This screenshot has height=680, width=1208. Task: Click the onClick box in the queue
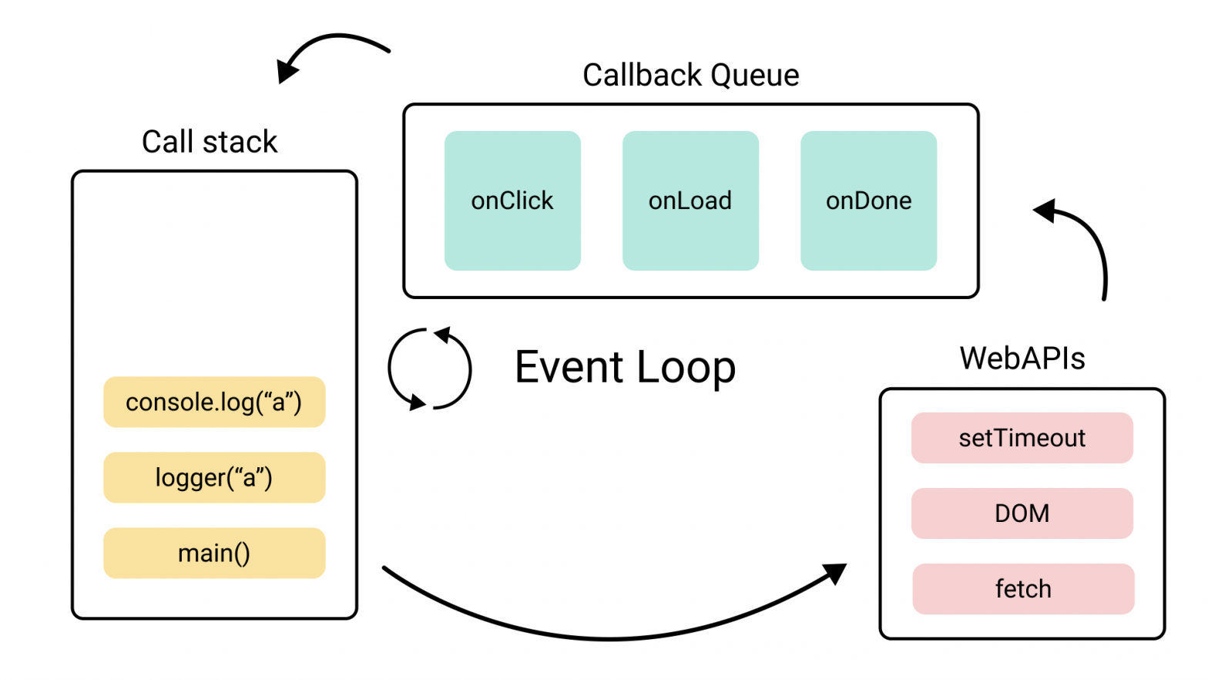(x=512, y=200)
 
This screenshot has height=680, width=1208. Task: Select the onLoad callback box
(x=690, y=200)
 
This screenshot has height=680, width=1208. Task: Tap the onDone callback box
(x=868, y=200)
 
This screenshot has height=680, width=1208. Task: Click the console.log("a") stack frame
(x=214, y=402)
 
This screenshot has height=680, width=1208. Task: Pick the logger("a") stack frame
(x=214, y=477)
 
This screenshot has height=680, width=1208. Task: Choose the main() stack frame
(x=214, y=553)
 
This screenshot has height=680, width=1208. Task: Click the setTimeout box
(x=1022, y=438)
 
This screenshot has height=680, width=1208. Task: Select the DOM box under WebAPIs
(x=1022, y=513)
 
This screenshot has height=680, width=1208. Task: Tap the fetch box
(x=1023, y=589)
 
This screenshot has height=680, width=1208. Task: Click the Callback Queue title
(x=690, y=76)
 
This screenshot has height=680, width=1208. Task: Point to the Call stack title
(x=209, y=142)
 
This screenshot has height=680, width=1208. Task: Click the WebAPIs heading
(x=1022, y=359)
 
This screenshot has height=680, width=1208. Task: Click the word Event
(x=569, y=367)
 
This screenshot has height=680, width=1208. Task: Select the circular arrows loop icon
(x=429, y=369)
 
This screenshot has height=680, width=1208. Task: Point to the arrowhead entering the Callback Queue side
(x=1046, y=210)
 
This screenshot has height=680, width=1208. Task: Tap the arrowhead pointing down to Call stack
(x=287, y=71)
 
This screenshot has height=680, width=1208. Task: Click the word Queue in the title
(x=754, y=76)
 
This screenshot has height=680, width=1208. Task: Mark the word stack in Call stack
(x=240, y=142)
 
